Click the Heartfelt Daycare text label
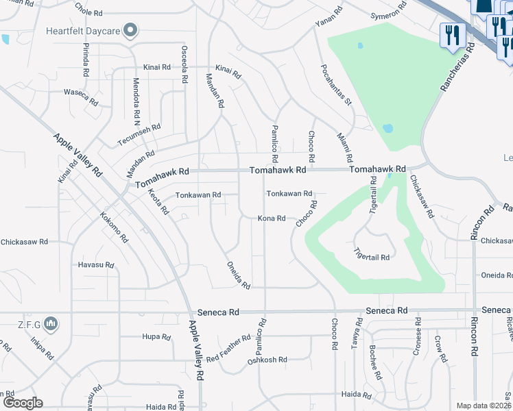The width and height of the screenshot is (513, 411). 83,31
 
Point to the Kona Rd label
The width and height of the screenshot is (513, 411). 272,219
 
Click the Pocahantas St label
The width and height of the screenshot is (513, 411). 336,86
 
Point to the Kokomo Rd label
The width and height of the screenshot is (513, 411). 114,227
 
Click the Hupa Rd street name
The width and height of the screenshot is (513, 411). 156,337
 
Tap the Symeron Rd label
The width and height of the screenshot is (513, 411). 390,14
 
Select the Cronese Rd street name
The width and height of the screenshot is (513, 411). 417,333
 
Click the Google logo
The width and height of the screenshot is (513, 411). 23,403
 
